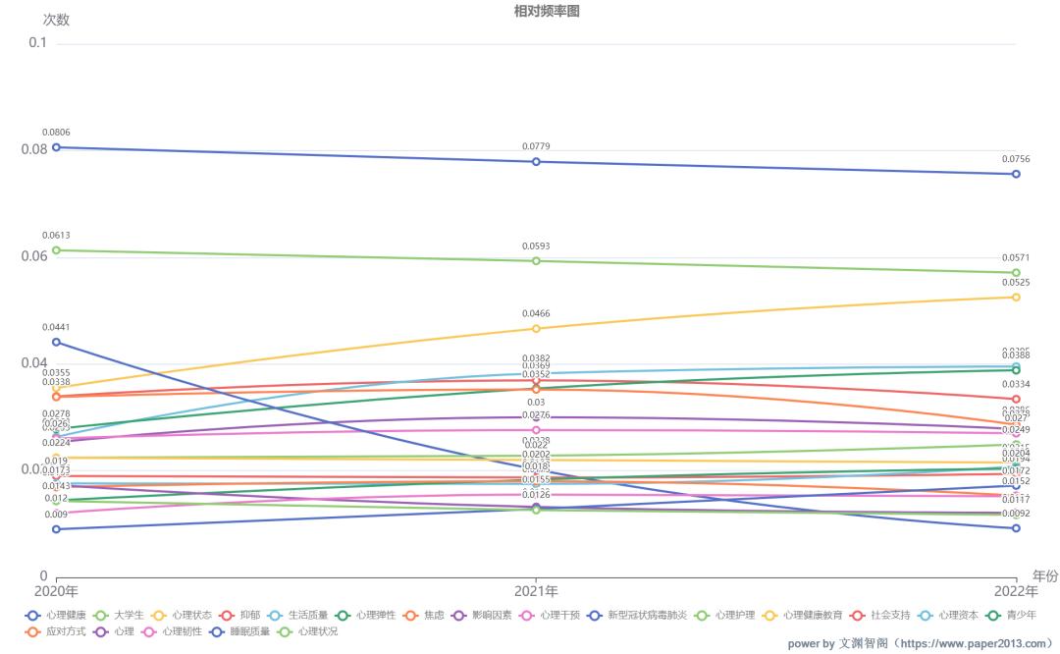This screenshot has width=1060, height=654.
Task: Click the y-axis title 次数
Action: click(56, 20)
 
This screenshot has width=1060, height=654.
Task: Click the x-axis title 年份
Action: click(1044, 576)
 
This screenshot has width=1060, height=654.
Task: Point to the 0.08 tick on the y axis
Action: click(33, 150)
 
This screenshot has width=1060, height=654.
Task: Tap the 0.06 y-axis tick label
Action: click(33, 257)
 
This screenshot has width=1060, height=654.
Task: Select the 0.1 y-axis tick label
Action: click(37, 43)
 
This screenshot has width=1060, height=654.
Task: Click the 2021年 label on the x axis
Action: click(536, 591)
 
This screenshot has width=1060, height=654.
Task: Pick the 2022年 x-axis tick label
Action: click(1015, 591)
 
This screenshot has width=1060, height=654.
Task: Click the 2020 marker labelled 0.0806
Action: click(56, 147)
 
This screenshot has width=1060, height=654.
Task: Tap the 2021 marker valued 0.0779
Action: click(536, 161)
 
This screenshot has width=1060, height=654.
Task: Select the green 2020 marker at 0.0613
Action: click(56, 250)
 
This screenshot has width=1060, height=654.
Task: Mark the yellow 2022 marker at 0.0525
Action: click(1016, 297)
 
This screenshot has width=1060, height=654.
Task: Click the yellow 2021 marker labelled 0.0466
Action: click(536, 328)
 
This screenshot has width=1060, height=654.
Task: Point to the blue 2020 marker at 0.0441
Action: click(56, 342)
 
